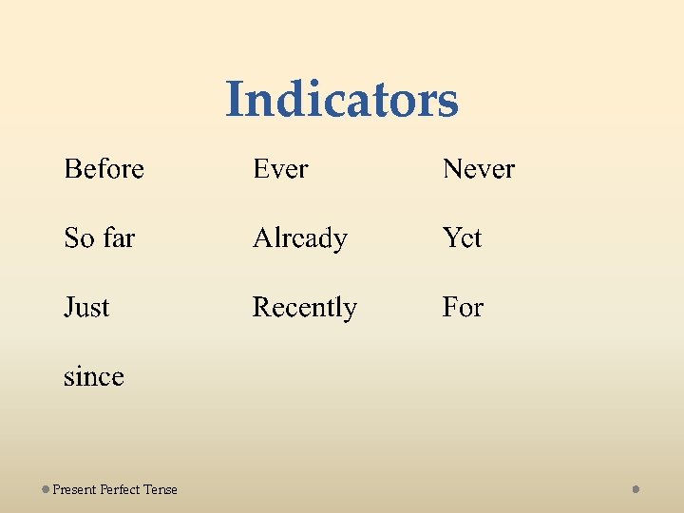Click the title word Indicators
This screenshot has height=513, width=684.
pyautogui.click(x=342, y=100)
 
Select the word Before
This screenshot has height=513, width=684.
pyautogui.click(x=104, y=169)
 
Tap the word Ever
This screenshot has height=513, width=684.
pyautogui.click(x=280, y=169)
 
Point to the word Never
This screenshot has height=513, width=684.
pyautogui.click(x=478, y=169)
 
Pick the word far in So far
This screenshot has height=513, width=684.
pyautogui.click(x=118, y=237)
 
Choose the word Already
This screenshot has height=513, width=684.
pyautogui.click(x=299, y=238)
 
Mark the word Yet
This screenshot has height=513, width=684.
pyautogui.click(x=462, y=237)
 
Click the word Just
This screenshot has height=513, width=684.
pyautogui.click(x=86, y=307)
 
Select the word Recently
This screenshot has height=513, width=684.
pyautogui.click(x=304, y=308)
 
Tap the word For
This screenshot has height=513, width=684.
pyautogui.click(x=463, y=307)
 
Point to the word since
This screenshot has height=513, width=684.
pyautogui.click(x=93, y=377)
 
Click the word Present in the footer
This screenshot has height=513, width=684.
pyautogui.click(x=74, y=489)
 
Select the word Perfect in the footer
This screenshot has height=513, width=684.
pyautogui.click(x=120, y=489)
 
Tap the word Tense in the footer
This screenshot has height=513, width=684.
pyautogui.click(x=161, y=489)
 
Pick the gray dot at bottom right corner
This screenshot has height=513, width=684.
pyautogui.click(x=636, y=489)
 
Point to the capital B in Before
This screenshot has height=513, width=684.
pyautogui.click(x=71, y=169)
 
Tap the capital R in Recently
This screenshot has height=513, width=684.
pyautogui.click(x=261, y=307)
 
